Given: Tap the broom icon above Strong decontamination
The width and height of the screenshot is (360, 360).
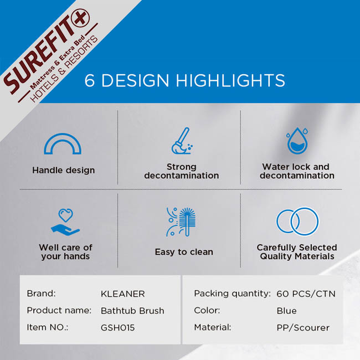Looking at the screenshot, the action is coord(182,141).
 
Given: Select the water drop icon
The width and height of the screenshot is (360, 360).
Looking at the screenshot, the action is coord(297,141).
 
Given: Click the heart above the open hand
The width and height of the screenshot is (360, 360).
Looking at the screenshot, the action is coord(66,215).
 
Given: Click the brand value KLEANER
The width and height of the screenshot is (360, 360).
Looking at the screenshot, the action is coord(123,294).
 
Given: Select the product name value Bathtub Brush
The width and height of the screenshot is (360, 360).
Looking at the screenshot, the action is coord(132,311).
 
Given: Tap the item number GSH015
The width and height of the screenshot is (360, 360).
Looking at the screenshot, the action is coord(117,328).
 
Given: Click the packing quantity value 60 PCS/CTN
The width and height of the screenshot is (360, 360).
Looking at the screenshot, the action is coord(306,294).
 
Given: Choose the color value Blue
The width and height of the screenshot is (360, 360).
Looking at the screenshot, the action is coord(286,311).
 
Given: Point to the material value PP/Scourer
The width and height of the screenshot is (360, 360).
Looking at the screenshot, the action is coord(303,328).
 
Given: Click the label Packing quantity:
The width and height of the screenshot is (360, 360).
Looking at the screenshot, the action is coord(233,294).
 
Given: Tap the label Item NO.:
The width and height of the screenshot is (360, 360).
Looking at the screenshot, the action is coord(48,327).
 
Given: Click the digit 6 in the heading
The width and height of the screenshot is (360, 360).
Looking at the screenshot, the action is coord(90,80).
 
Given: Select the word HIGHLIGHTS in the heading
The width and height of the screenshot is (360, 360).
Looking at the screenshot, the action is coord(230,80).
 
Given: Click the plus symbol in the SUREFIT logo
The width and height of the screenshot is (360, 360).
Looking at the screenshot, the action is coord(81,18).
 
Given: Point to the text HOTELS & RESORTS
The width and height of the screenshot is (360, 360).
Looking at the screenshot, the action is coord(64,69).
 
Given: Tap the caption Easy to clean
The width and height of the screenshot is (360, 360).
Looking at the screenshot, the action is coord(184,252).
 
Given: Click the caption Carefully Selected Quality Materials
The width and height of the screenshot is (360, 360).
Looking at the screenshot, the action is coord(297,252).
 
